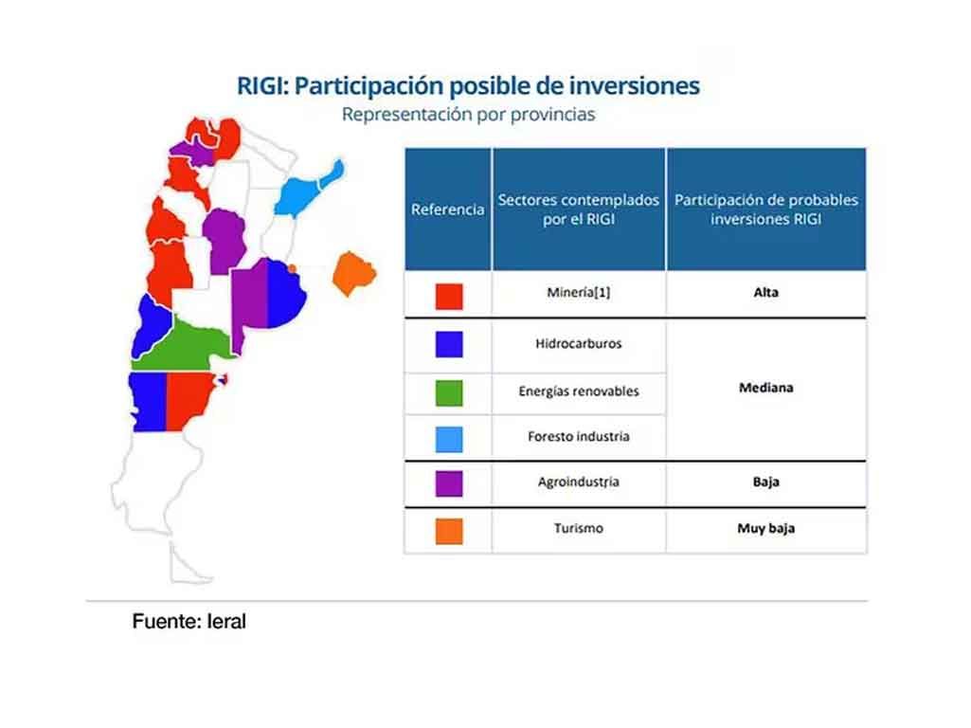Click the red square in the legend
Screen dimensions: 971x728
point(449,296)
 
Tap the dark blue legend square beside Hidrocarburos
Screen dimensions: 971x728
point(449,344)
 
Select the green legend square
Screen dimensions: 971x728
point(449,392)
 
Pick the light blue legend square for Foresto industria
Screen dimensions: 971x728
point(449,439)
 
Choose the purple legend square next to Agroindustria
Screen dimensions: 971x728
point(449,483)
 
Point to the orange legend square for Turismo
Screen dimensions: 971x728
point(449,531)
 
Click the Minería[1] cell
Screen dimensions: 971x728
point(579,293)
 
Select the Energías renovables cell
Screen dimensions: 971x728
point(579,391)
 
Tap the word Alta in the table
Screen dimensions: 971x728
point(766,293)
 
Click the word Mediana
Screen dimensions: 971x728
point(766,388)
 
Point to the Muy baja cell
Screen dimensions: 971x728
point(766,529)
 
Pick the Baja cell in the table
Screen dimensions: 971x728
point(766,482)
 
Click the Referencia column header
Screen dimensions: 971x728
point(448,209)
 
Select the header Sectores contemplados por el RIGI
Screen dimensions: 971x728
point(579,209)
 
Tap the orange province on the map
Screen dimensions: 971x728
point(353,273)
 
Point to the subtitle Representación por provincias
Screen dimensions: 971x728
point(468,115)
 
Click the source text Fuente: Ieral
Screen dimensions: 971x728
point(189,622)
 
